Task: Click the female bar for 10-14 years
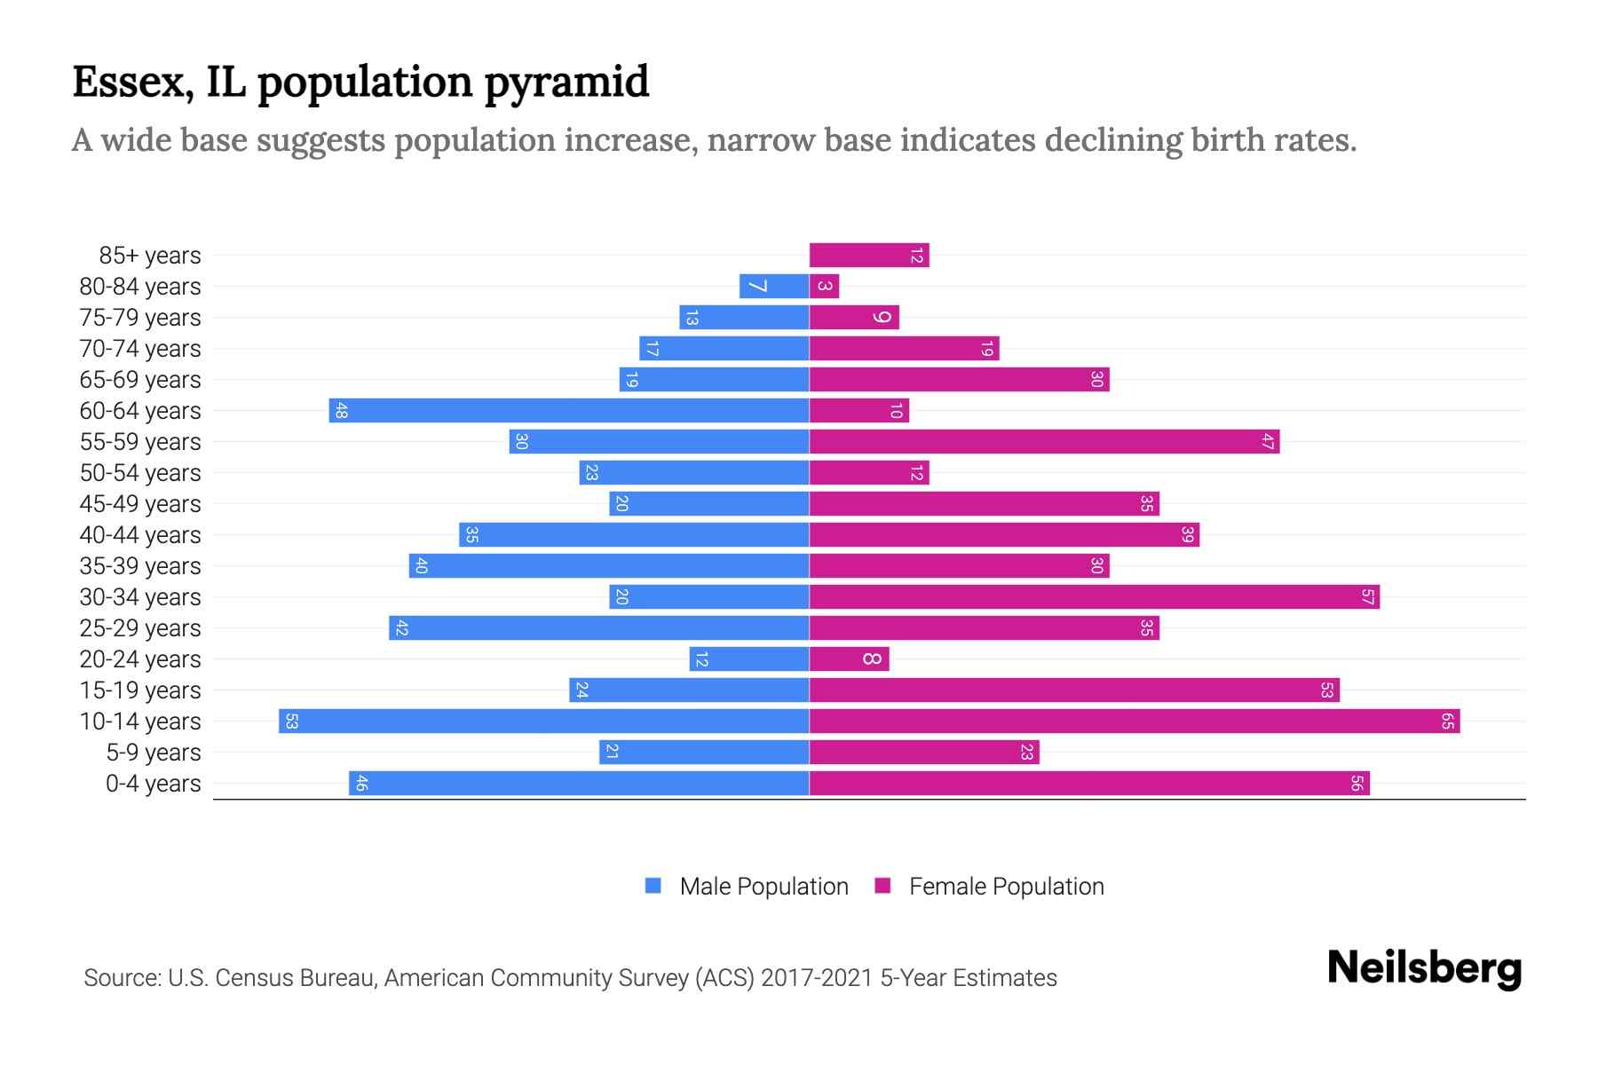1135,722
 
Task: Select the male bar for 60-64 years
568,411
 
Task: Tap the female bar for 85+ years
868,256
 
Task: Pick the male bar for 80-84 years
774,287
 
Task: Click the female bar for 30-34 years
1094,597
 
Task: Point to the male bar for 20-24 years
749,659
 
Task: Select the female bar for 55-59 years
1044,442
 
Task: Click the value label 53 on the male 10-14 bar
291,722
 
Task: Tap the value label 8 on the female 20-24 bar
872,659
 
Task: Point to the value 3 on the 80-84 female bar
825,287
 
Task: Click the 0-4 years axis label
153,784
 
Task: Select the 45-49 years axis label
140,504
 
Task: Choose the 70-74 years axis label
140,349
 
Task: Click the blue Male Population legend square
653,886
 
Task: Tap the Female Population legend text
1006,887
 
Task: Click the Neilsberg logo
1424,968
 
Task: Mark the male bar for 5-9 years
704,753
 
